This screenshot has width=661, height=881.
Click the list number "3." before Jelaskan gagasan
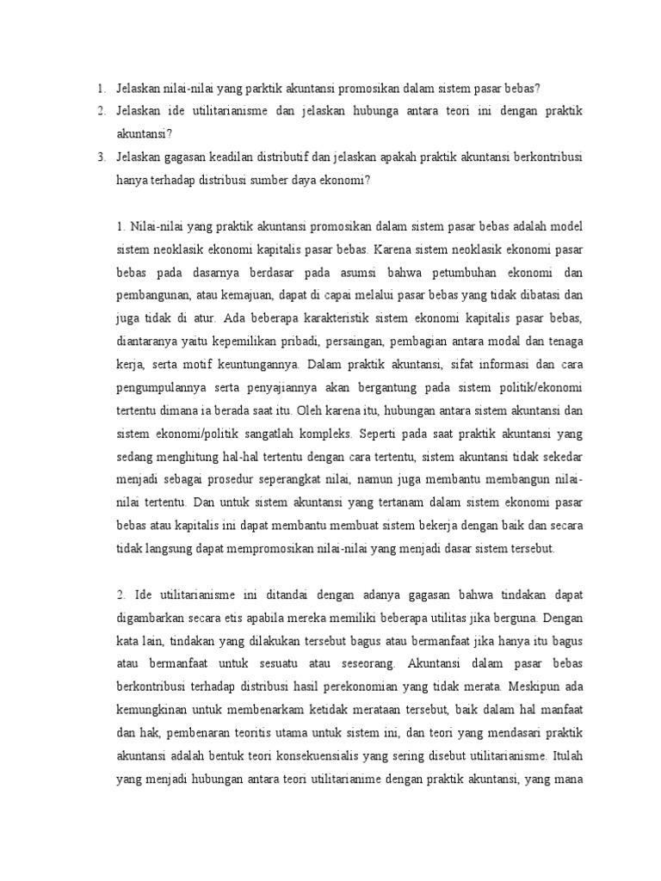tap(101, 157)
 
